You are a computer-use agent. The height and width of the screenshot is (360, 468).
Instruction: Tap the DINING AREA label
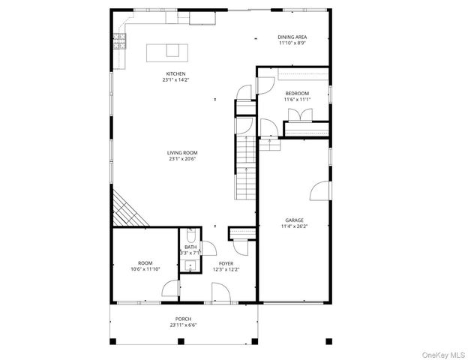(x=292, y=37)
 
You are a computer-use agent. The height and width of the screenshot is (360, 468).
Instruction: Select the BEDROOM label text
(x=296, y=93)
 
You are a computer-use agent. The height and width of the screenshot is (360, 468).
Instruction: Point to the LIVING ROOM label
(x=176, y=153)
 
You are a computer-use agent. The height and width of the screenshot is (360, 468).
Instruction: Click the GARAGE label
(x=294, y=220)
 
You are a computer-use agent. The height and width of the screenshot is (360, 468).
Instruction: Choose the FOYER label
(x=226, y=263)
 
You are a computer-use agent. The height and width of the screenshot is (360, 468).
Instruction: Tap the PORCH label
(x=183, y=319)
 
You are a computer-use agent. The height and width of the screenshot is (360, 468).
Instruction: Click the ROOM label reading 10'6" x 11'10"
(x=145, y=263)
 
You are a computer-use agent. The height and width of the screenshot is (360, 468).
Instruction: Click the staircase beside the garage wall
(x=247, y=169)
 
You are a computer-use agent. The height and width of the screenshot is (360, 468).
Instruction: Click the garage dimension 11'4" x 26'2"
(x=294, y=226)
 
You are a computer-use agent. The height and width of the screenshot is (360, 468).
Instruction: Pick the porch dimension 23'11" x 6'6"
(x=183, y=325)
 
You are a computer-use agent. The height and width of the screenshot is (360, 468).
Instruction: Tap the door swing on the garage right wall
(x=320, y=190)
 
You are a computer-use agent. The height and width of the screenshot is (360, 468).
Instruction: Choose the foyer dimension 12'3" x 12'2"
(x=226, y=269)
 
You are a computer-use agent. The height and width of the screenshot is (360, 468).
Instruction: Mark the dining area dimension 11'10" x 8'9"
(x=292, y=43)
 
